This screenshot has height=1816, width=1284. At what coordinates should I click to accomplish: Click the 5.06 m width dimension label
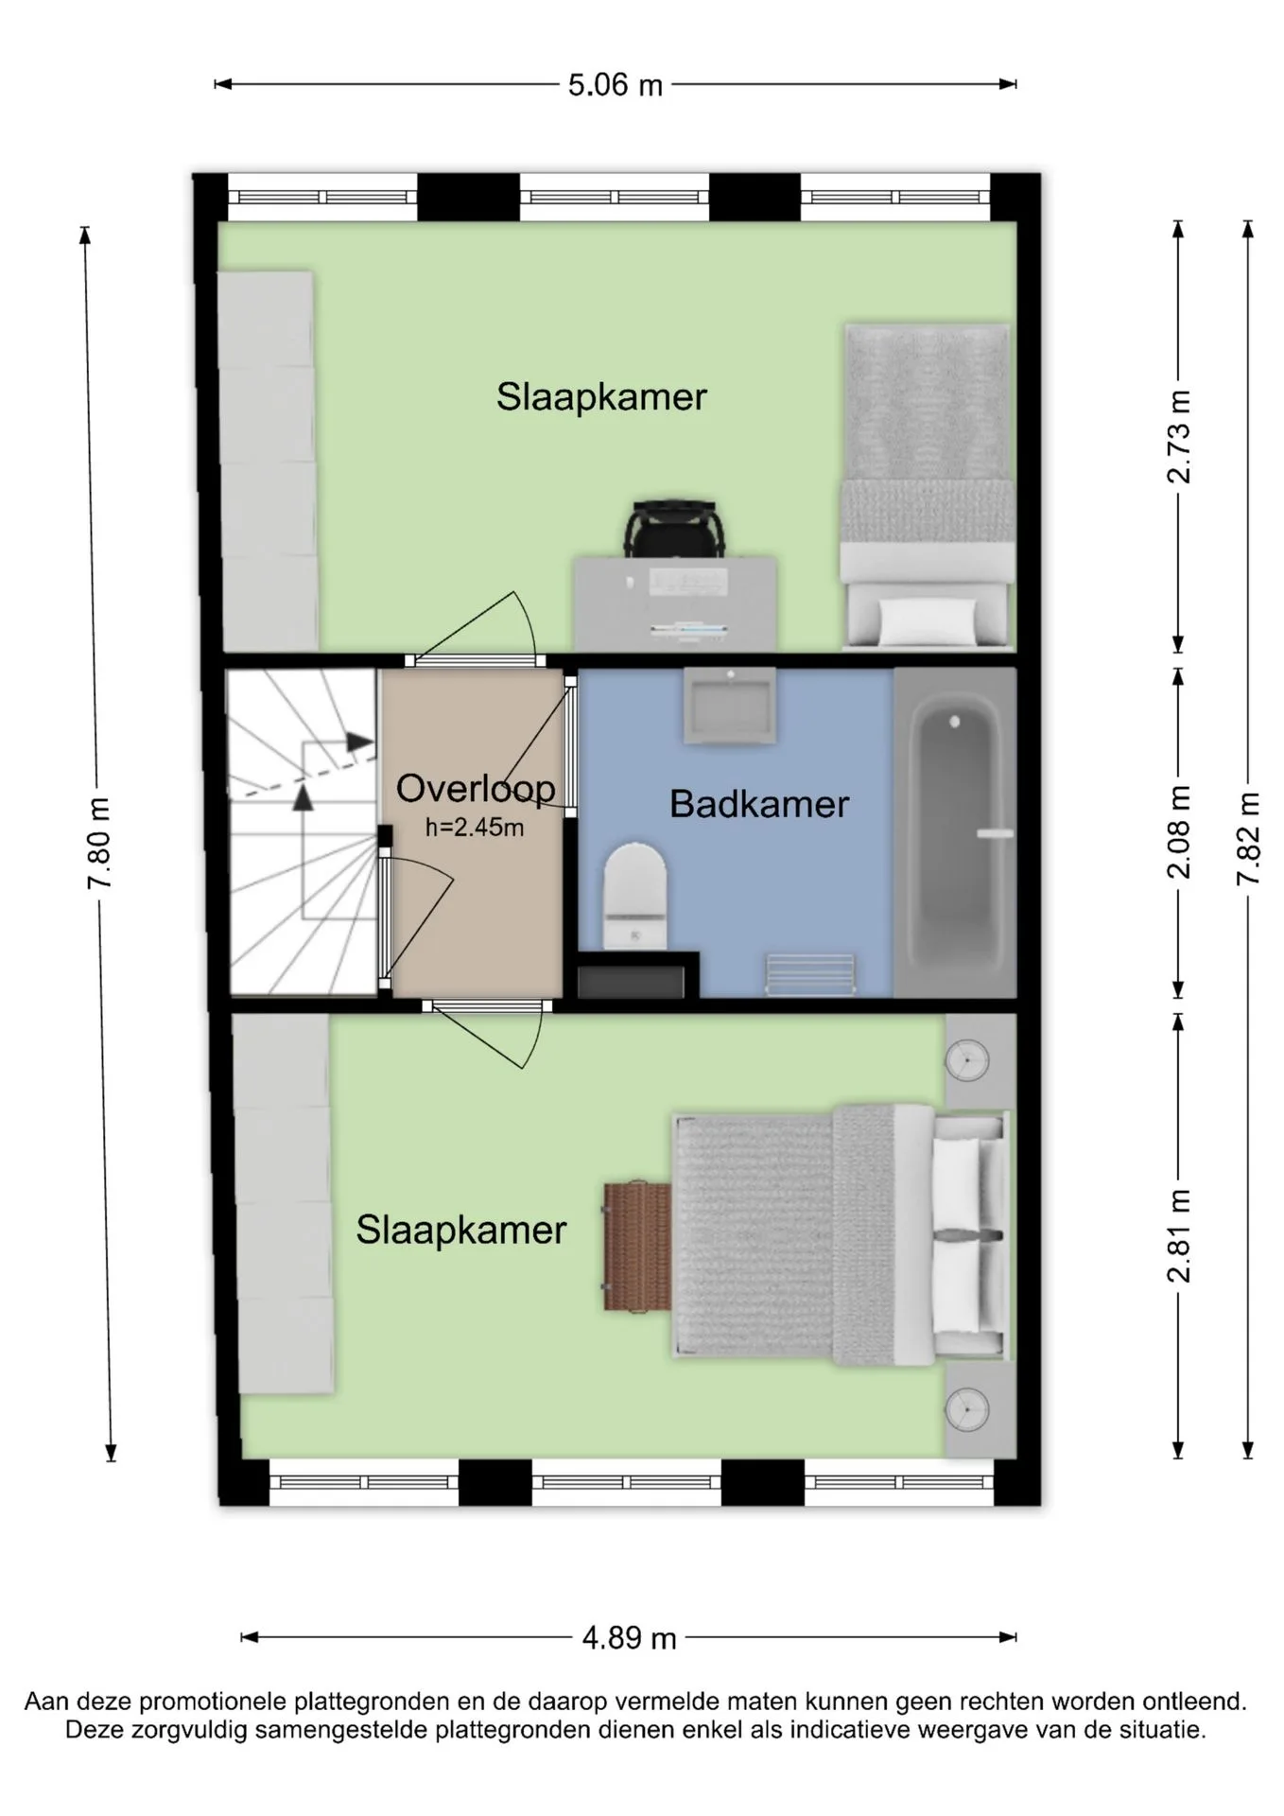pyautogui.click(x=615, y=85)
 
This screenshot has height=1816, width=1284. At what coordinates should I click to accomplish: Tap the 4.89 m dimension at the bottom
pyautogui.click(x=629, y=1637)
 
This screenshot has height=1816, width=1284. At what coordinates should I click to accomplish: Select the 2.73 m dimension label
pyautogui.click(x=1179, y=437)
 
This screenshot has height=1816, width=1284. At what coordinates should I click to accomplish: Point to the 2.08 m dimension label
pyautogui.click(x=1179, y=832)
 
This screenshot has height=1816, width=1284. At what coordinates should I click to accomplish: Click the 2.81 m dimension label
pyautogui.click(x=1179, y=1235)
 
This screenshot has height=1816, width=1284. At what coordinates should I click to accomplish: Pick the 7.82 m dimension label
pyautogui.click(x=1249, y=839)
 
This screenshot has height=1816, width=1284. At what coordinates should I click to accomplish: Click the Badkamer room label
pyautogui.click(x=759, y=804)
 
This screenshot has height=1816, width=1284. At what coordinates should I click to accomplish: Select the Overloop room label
pyautogui.click(x=476, y=789)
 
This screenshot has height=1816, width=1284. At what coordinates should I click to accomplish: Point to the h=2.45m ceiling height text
pyautogui.click(x=475, y=828)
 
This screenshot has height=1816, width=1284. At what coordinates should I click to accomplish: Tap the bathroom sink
pyautogui.click(x=730, y=706)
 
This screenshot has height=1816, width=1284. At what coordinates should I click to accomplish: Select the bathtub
pyautogui.click(x=955, y=832)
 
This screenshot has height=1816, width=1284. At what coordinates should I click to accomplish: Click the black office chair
pyautogui.click(x=675, y=528)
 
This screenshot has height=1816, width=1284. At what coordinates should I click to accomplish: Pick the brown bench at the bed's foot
pyautogui.click(x=637, y=1245)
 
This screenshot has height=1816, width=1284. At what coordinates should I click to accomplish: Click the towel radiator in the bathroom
pyautogui.click(x=810, y=974)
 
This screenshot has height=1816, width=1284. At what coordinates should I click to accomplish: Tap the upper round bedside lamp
pyautogui.click(x=966, y=1060)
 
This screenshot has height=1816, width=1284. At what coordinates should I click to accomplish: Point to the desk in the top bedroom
pyautogui.click(x=676, y=603)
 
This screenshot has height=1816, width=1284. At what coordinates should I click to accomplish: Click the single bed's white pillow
pyautogui.click(x=928, y=621)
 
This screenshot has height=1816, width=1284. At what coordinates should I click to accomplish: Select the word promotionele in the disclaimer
pyautogui.click(x=215, y=1702)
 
